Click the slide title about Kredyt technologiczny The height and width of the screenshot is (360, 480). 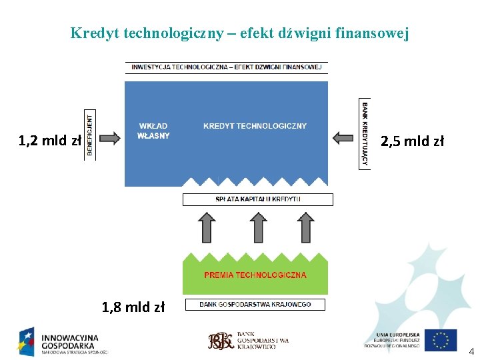[239, 33]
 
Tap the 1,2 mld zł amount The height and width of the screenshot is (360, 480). [49, 141]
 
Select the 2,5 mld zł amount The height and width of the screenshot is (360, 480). [412, 141]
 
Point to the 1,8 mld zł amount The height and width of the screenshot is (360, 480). [133, 307]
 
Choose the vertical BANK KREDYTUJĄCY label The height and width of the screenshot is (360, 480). [365, 134]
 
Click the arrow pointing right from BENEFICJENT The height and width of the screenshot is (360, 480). [109, 138]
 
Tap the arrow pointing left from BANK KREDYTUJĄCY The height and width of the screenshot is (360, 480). [344, 138]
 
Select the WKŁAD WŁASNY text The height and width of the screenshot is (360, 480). [153, 131]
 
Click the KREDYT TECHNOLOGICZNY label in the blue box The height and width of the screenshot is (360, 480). [255, 126]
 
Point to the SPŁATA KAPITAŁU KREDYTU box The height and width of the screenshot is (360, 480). [257, 199]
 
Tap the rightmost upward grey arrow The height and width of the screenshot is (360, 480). [305, 227]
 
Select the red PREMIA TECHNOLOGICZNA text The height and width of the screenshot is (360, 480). [255, 275]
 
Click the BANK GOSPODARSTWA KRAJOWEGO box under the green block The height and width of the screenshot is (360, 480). [255, 305]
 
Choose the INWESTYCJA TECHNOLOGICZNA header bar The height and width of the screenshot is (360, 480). [226, 67]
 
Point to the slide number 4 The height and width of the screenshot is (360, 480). [471, 351]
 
